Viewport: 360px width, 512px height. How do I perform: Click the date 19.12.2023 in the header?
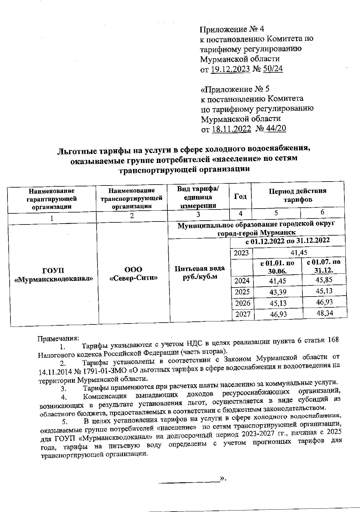pos(230,69)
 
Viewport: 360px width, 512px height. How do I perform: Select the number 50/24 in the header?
pos(273,69)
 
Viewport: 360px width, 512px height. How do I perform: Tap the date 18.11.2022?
pos(231,129)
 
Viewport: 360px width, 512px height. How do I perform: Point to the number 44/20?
pos(276,129)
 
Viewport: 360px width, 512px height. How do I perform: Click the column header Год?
pos(240,196)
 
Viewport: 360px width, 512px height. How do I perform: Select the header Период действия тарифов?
pos(298,195)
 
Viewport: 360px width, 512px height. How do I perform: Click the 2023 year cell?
pos(241,253)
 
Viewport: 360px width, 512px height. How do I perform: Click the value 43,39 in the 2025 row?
pos(278,292)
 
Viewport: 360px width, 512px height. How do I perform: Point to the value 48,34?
pos(325,313)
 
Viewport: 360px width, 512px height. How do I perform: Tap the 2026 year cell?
pos(242,303)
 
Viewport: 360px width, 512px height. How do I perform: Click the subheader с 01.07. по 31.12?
pos(324,266)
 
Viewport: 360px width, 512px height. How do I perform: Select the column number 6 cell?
pos(322,212)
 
